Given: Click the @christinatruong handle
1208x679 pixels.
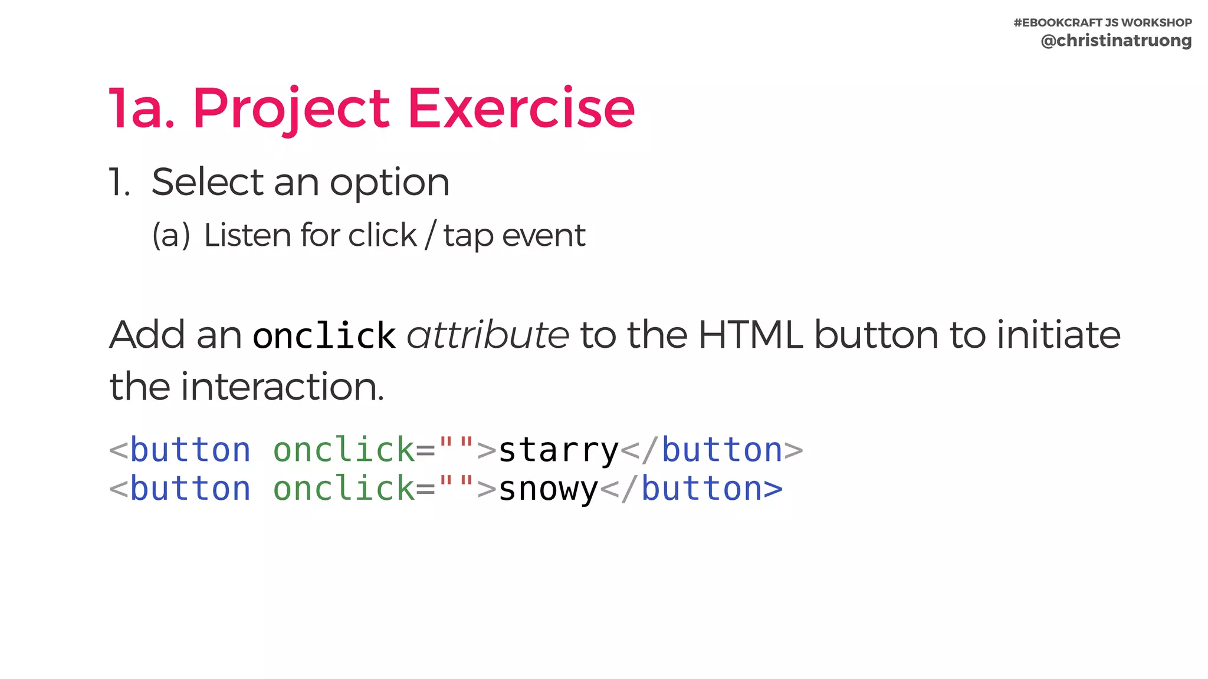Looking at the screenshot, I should point(1116,41).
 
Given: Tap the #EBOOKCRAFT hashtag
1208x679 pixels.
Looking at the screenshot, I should point(1058,22).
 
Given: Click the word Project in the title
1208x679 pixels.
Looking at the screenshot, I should point(291,109).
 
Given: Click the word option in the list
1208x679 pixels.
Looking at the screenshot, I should point(389,183).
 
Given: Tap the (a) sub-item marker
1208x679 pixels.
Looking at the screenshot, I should point(171,235).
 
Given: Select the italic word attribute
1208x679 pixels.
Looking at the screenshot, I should point(488,335).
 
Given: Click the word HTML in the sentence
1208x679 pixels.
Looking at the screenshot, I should point(750,335).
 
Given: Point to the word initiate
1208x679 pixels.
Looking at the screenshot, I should point(1058,335).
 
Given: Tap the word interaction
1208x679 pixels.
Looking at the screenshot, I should point(282,387).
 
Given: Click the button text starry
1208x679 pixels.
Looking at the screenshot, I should point(559,450).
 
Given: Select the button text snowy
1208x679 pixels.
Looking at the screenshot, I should point(549,489).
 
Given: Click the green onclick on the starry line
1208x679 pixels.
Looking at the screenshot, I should point(344,450).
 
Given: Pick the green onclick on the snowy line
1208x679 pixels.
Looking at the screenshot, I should point(344,489).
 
